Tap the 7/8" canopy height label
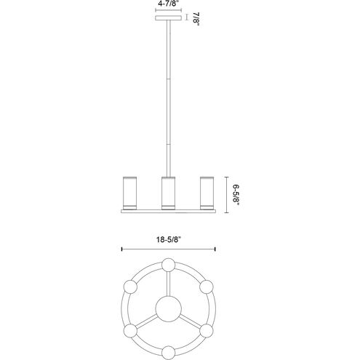pyautogui.click(x=196, y=19)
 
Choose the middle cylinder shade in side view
pyautogui.click(x=169, y=193)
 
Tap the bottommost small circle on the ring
pyautogui.click(x=169, y=353)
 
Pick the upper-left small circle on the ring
pyautogui.click(x=131, y=286)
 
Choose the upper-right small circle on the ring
pyautogui.click(x=207, y=286)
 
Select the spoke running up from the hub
pyautogui.click(x=169, y=284)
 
